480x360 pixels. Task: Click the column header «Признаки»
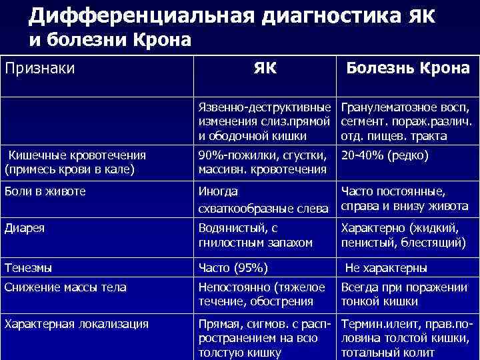[39, 68]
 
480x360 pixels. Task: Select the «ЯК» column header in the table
[266, 69]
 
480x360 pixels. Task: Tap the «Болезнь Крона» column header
[407, 69]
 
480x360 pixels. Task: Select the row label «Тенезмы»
[28, 268]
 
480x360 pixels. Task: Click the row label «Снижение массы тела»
[65, 288]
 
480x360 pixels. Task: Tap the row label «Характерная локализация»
[76, 325]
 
